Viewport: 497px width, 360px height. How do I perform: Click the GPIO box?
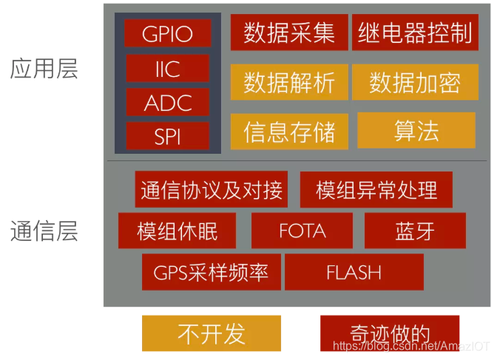[x=168, y=33]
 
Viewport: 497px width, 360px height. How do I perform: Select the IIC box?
[x=168, y=68]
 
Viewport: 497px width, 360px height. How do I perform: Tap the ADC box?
[x=168, y=102]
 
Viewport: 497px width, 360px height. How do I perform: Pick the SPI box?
[x=168, y=136]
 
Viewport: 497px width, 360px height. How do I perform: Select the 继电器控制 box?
[x=414, y=33]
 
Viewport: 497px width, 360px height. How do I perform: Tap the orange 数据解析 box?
[x=289, y=82]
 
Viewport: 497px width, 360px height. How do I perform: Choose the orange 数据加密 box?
[x=414, y=82]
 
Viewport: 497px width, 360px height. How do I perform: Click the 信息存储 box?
[x=289, y=132]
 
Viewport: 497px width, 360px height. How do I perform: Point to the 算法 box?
[x=416, y=130]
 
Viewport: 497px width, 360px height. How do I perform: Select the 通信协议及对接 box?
[x=212, y=189]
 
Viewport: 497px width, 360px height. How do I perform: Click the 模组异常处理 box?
[x=376, y=189]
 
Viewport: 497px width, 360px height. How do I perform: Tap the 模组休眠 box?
[x=177, y=231]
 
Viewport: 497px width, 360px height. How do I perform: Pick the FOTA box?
[x=302, y=231]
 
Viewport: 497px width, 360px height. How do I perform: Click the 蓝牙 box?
[x=415, y=231]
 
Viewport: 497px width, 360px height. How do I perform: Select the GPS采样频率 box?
[x=211, y=272]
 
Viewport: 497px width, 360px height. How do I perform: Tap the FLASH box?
[x=354, y=272]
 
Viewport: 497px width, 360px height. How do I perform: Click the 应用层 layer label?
[x=44, y=69]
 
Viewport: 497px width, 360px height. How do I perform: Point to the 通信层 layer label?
[x=44, y=231]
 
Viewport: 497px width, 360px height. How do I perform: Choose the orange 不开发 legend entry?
[x=211, y=333]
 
